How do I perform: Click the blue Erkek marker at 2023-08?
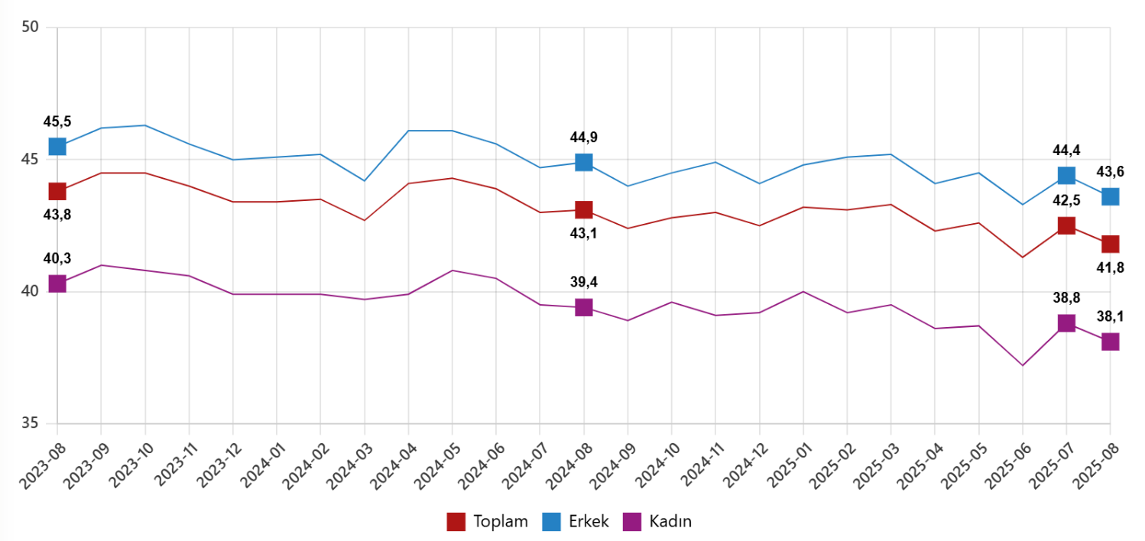pyautogui.click(x=57, y=146)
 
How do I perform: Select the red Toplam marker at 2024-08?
pyautogui.click(x=584, y=209)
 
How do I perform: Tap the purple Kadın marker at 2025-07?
pyautogui.click(x=1066, y=323)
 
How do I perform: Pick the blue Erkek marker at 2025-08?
pyautogui.click(x=1110, y=196)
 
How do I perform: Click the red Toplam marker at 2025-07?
pyautogui.click(x=1066, y=225)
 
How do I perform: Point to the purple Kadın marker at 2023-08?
pyautogui.click(x=57, y=283)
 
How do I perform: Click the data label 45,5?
pyautogui.click(x=57, y=122)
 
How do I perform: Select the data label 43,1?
pyautogui.click(x=584, y=233)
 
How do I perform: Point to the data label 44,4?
pyautogui.click(x=1066, y=151)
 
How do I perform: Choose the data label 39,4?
pyautogui.click(x=584, y=282)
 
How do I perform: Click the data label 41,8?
pyautogui.click(x=1110, y=267)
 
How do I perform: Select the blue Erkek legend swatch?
pyautogui.click(x=552, y=522)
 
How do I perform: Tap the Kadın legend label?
pyautogui.click(x=670, y=522)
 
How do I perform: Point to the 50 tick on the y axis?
pyautogui.click(x=31, y=28)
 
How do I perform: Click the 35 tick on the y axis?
pyautogui.click(x=31, y=424)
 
